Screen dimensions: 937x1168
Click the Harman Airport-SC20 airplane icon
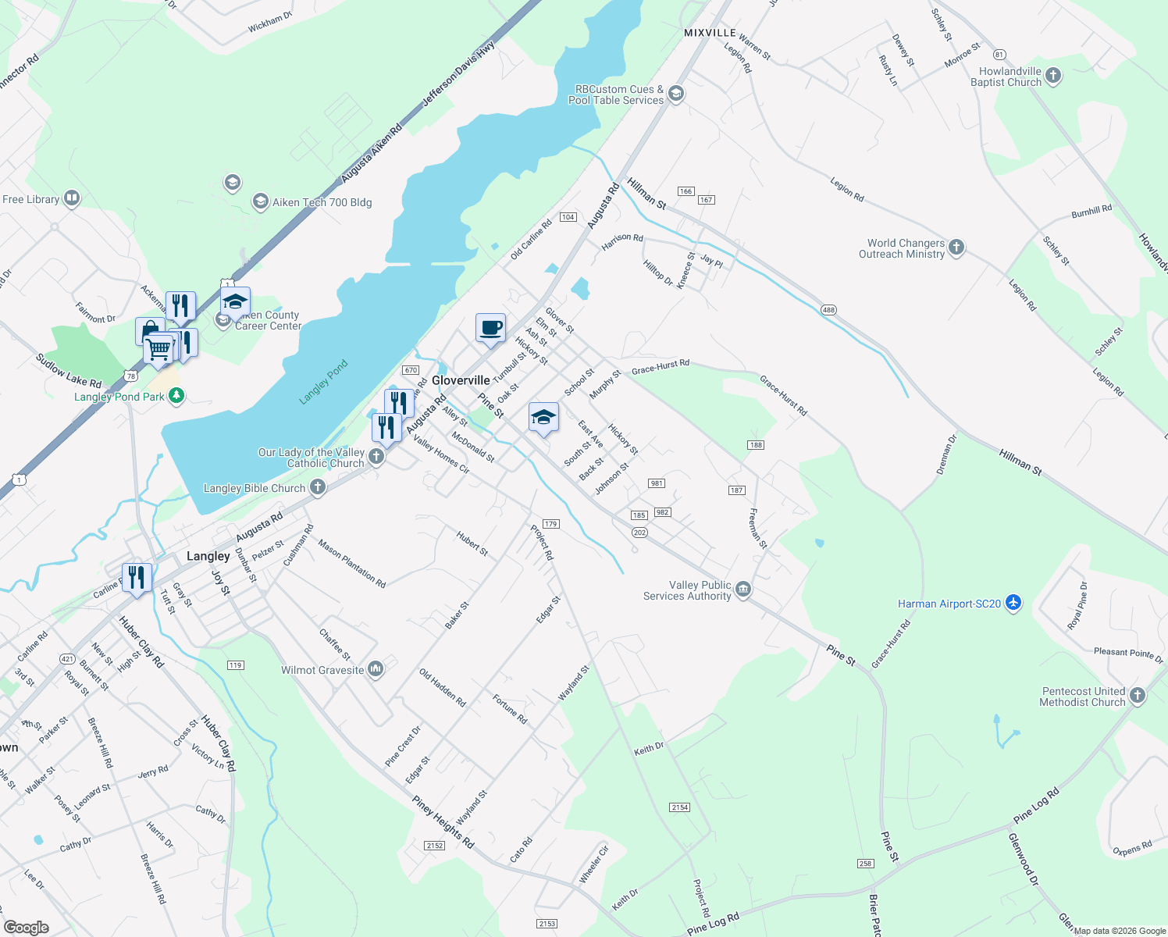click(x=1013, y=603)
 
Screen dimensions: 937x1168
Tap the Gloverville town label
click(x=461, y=380)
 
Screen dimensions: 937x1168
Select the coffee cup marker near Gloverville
click(x=490, y=328)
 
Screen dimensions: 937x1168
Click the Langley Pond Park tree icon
click(x=176, y=396)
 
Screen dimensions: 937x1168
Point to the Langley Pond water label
click(x=323, y=382)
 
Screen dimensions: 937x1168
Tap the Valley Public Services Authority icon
click(x=743, y=590)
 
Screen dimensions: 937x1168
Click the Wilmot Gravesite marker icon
click(x=376, y=669)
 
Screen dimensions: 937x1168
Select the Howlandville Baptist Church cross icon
click(x=1053, y=76)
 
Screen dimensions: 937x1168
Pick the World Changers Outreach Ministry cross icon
click(x=956, y=248)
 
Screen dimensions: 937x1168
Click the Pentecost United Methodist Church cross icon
click(x=1138, y=696)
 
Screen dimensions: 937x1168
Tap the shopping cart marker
click(x=158, y=348)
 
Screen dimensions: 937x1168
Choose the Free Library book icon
click(x=72, y=198)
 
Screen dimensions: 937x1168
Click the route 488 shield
click(x=828, y=310)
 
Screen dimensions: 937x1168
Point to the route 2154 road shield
click(x=679, y=807)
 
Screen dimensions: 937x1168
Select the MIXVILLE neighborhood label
click(x=710, y=33)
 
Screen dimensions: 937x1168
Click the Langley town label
click(x=208, y=556)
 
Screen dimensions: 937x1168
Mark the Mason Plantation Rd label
click(x=351, y=563)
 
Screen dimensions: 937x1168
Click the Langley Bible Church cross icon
click(x=317, y=487)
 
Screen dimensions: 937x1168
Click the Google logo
click(x=26, y=927)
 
